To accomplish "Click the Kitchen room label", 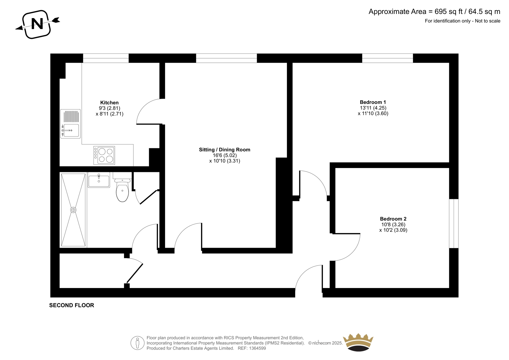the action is [x=109, y=102].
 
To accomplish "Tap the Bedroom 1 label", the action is [x=373, y=102].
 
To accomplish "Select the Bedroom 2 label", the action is [x=393, y=219].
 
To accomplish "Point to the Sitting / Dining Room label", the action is [x=225, y=150].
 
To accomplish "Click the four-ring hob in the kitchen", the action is [x=104, y=155].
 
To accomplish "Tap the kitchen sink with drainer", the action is [x=70, y=124].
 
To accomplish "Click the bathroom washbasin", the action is [x=99, y=180].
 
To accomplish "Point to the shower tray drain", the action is [x=73, y=210].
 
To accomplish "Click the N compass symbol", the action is [x=37, y=24].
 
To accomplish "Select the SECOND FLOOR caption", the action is [x=72, y=305].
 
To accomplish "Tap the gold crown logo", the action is [x=358, y=342].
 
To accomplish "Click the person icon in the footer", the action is [x=137, y=343].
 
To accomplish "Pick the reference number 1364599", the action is [x=257, y=348].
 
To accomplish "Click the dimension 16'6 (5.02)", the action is [x=225, y=155].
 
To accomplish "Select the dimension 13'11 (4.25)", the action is [x=373, y=108].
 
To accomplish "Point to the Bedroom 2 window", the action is [x=454, y=223].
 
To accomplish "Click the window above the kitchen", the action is [x=106, y=58].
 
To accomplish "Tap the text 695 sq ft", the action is [x=449, y=11].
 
